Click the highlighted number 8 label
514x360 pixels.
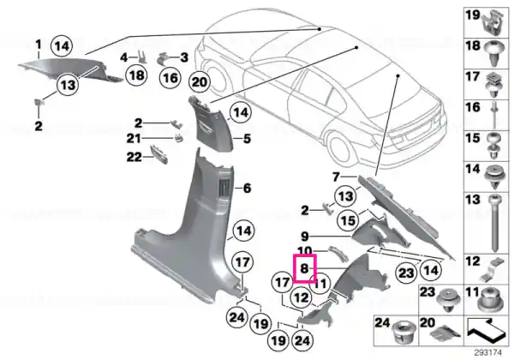click(x=305, y=268)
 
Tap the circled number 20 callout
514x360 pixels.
click(x=200, y=81)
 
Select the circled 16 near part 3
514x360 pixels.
click(x=170, y=78)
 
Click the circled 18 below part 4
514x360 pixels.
click(x=137, y=75)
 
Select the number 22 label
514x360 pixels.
click(x=134, y=158)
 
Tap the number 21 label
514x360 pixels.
click(x=134, y=139)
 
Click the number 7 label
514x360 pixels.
click(x=336, y=177)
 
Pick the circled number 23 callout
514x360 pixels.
click(x=406, y=273)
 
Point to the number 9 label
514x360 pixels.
click(x=305, y=236)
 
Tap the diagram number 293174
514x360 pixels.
click(x=488, y=353)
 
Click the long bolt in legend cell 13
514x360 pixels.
click(x=494, y=223)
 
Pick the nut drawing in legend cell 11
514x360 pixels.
click(x=490, y=300)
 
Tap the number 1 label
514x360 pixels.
click(x=39, y=45)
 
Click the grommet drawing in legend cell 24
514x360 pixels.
click(x=404, y=332)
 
